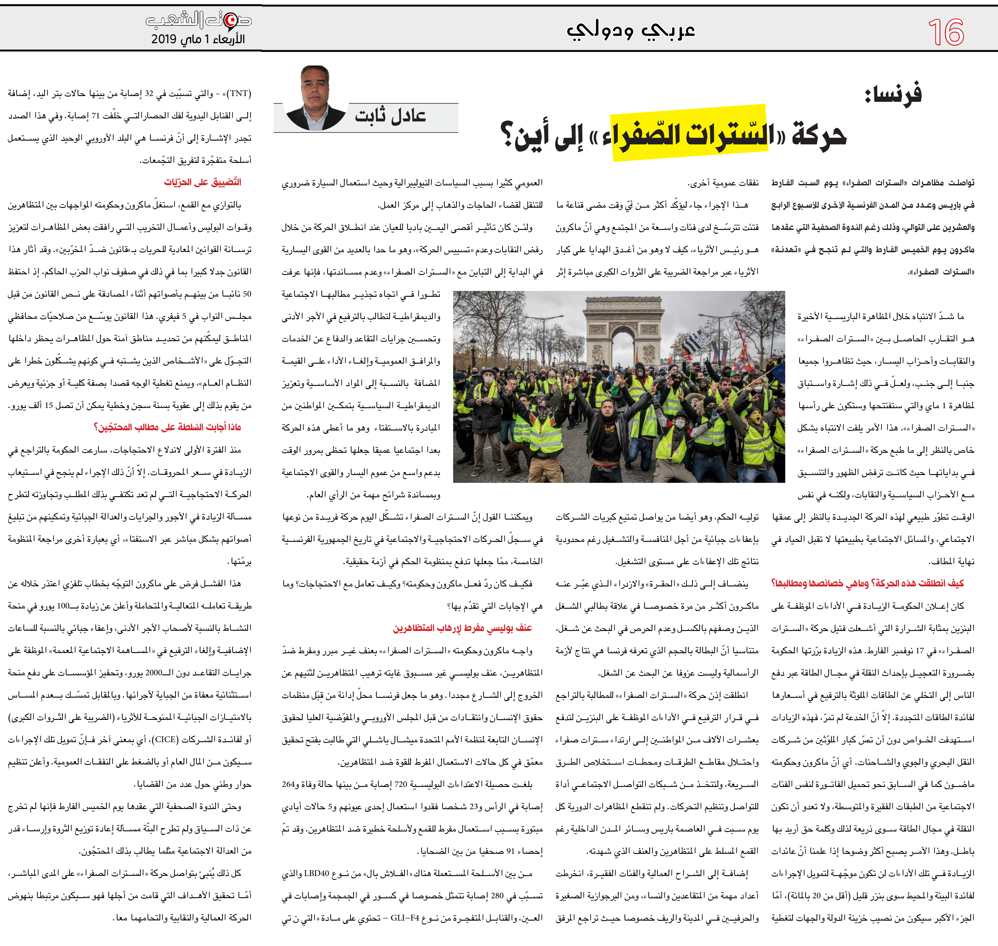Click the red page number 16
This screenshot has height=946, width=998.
pyautogui.click(x=946, y=32)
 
